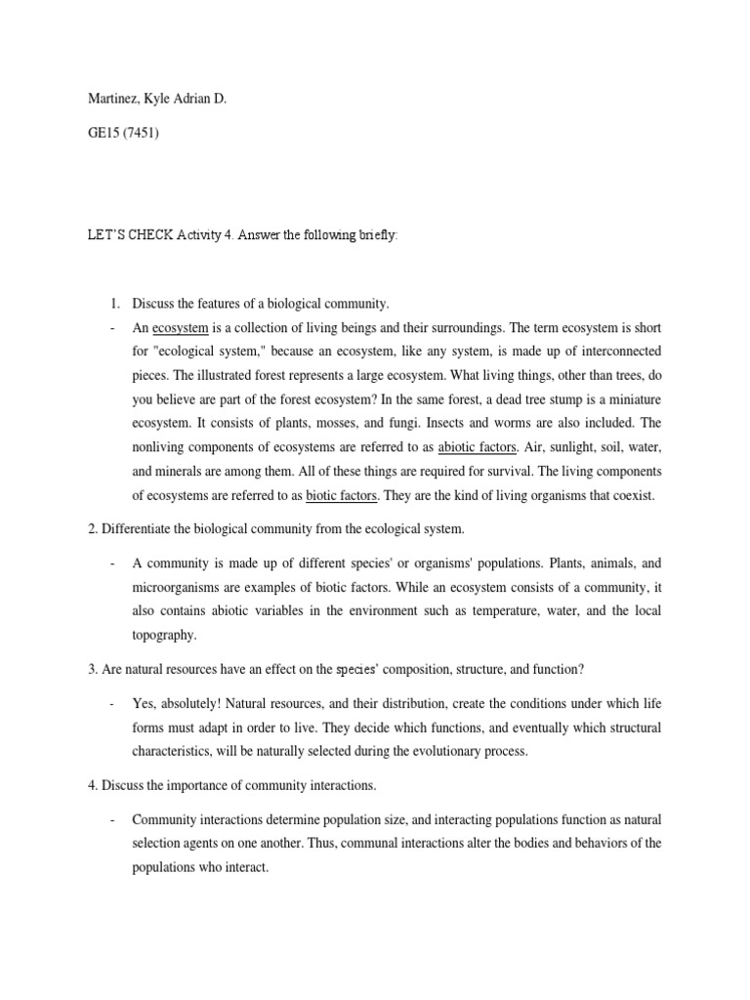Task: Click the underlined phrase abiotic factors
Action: (478, 447)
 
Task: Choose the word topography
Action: (165, 634)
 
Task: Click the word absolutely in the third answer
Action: (191, 704)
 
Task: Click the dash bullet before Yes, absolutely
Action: (113, 704)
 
